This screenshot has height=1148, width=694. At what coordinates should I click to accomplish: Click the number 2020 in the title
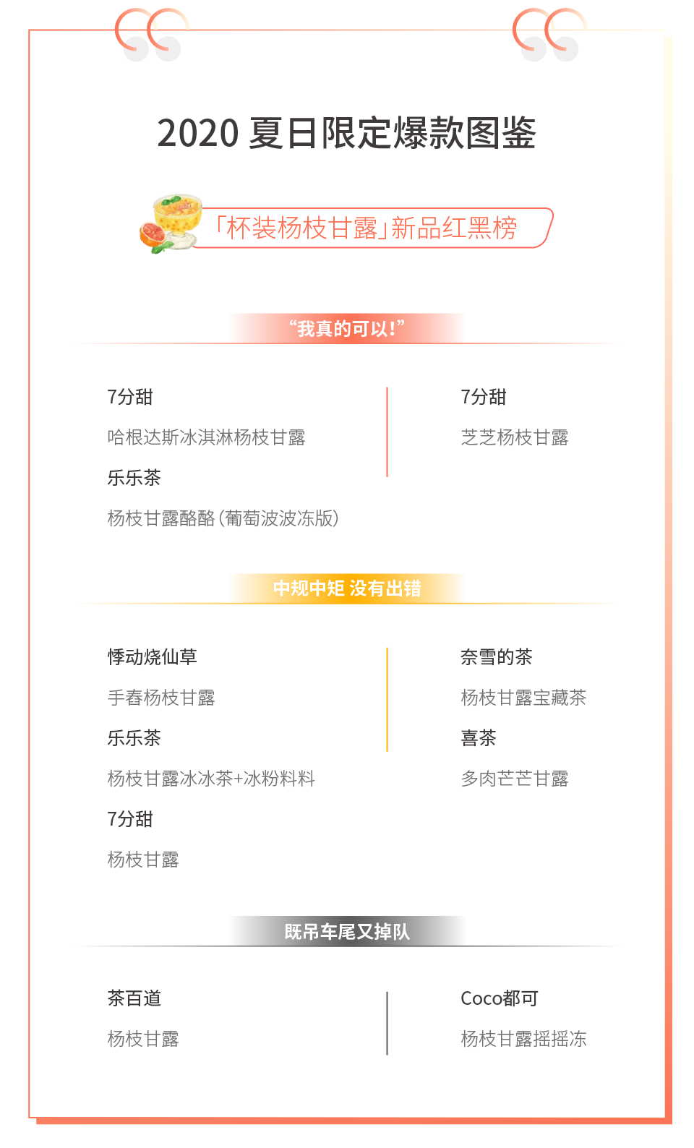197,134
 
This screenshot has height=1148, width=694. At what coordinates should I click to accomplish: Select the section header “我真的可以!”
347,329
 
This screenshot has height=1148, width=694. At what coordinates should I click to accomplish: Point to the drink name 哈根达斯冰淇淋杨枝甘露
206,437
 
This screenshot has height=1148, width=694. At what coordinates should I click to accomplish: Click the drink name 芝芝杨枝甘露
514,437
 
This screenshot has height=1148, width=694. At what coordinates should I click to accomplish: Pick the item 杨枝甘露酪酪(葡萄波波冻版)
223,518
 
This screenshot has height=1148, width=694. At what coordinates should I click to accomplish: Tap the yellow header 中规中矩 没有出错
347,588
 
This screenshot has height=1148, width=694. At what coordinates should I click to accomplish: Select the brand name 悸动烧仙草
152,657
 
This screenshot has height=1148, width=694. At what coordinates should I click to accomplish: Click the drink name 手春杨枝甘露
161,698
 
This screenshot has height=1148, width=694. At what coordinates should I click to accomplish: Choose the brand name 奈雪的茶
496,657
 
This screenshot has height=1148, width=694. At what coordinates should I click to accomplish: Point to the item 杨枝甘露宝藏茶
523,698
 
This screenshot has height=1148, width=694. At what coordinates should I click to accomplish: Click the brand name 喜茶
479,738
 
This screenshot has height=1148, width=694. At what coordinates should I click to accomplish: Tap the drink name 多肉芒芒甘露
514,779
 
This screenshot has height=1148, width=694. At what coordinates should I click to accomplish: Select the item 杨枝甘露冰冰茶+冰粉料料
211,779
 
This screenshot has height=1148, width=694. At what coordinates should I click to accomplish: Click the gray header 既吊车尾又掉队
347,932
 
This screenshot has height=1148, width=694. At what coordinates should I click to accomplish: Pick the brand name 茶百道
134,998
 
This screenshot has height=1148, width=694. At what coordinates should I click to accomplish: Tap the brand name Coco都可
499,998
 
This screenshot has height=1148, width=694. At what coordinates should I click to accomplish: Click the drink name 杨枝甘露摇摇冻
523,1039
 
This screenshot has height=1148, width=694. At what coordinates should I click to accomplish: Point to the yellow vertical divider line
387,699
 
